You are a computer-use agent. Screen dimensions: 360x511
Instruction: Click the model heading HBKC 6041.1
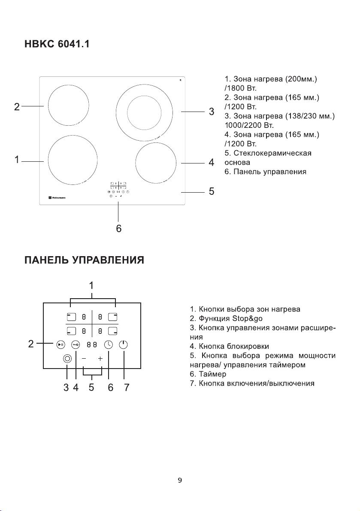coord(57,44)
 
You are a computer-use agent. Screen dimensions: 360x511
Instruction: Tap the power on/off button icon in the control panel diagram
coord(123,345)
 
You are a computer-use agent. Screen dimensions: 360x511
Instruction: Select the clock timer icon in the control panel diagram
coord(109,345)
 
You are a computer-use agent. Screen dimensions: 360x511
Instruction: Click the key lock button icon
coord(76,345)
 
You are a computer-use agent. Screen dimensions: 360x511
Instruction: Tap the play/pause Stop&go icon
coord(61,345)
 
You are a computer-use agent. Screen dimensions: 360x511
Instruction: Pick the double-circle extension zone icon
coord(67,359)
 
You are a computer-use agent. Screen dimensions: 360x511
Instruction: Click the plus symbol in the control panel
coord(100,359)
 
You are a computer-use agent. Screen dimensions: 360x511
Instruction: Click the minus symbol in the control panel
coord(84,359)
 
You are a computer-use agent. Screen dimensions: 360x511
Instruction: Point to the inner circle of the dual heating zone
coord(144,112)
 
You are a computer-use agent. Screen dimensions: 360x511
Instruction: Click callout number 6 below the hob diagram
coord(119,228)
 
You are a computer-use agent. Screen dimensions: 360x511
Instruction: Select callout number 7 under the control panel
coord(127,387)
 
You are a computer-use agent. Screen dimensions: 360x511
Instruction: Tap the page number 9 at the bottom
coord(180,480)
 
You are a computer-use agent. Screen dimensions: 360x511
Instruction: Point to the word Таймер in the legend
coord(212,374)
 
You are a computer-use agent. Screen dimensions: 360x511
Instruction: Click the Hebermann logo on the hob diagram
coord(57,197)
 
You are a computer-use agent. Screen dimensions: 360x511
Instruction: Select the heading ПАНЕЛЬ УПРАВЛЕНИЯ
coord(85,260)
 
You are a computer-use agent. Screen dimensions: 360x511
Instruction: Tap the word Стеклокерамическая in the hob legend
coord(272,153)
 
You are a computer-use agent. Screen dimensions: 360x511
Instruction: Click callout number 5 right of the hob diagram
coord(212,191)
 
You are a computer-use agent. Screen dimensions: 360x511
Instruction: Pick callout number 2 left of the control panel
coord(31,344)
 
